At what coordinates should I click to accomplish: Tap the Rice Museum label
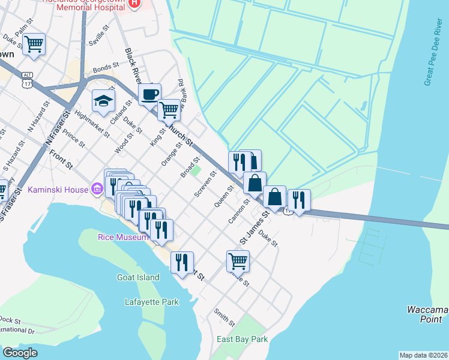click(123, 237)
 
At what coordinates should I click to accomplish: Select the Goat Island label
click(138, 277)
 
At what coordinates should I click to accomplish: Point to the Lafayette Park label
click(152, 302)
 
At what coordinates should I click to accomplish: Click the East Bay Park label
click(242, 339)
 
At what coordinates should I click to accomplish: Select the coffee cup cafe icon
click(149, 94)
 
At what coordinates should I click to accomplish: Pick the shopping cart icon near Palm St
click(34, 44)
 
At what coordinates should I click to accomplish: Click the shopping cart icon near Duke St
click(238, 261)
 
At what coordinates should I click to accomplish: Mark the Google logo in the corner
click(20, 353)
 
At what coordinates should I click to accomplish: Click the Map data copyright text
click(423, 355)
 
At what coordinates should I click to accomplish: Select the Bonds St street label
click(103, 69)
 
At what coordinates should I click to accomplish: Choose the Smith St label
click(224, 318)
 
